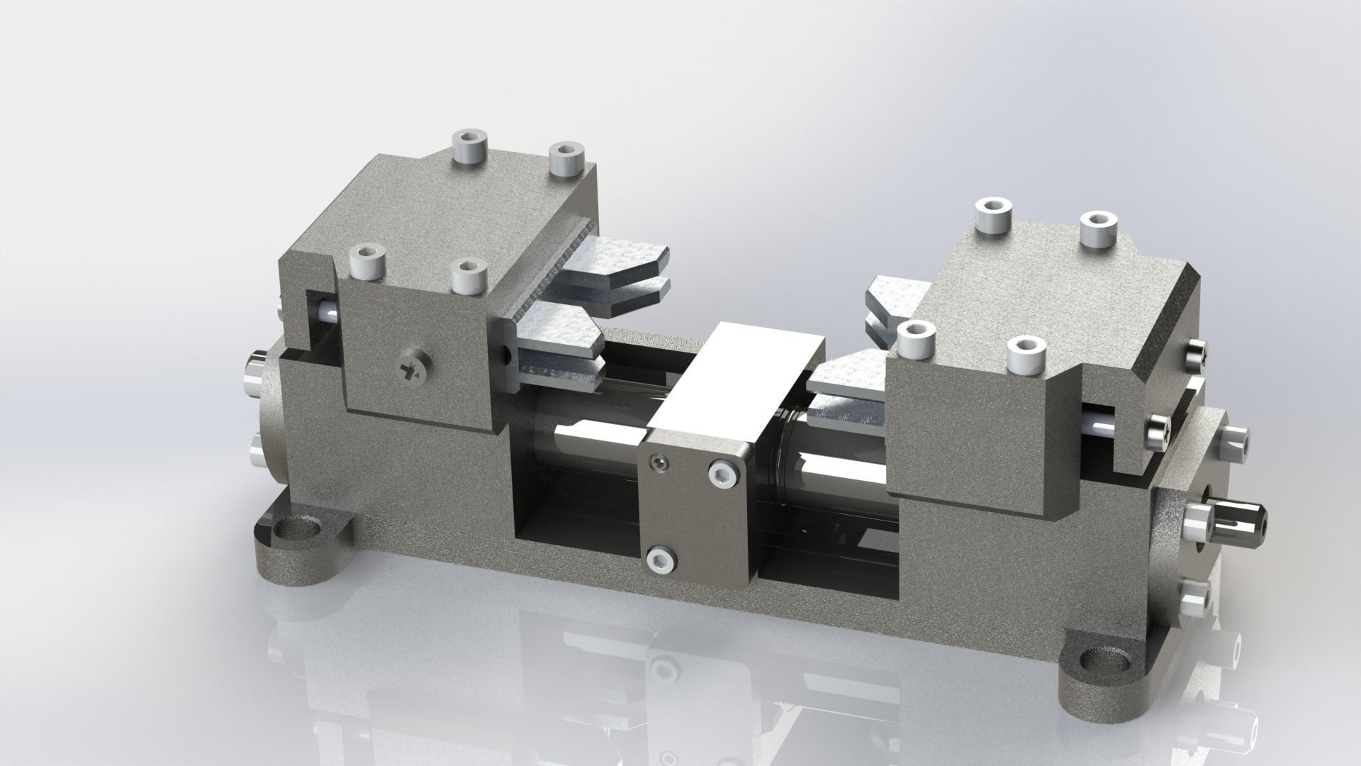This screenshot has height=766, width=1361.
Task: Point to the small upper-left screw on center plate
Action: pyautogui.click(x=660, y=463)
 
